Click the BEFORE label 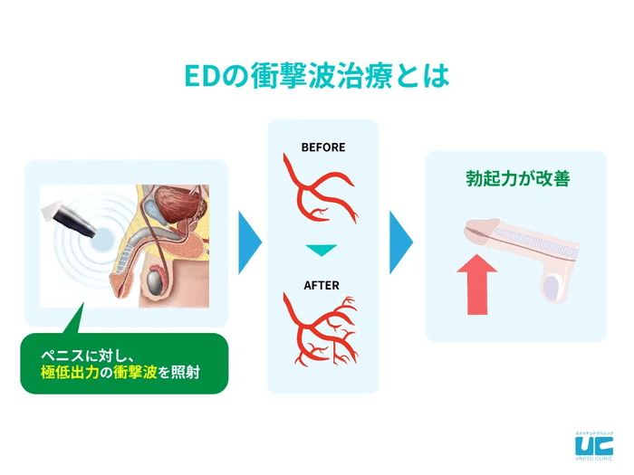point(322,147)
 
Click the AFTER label point(322,286)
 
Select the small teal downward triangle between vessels point(322,250)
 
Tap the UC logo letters point(593,444)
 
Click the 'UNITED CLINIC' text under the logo point(593,461)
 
